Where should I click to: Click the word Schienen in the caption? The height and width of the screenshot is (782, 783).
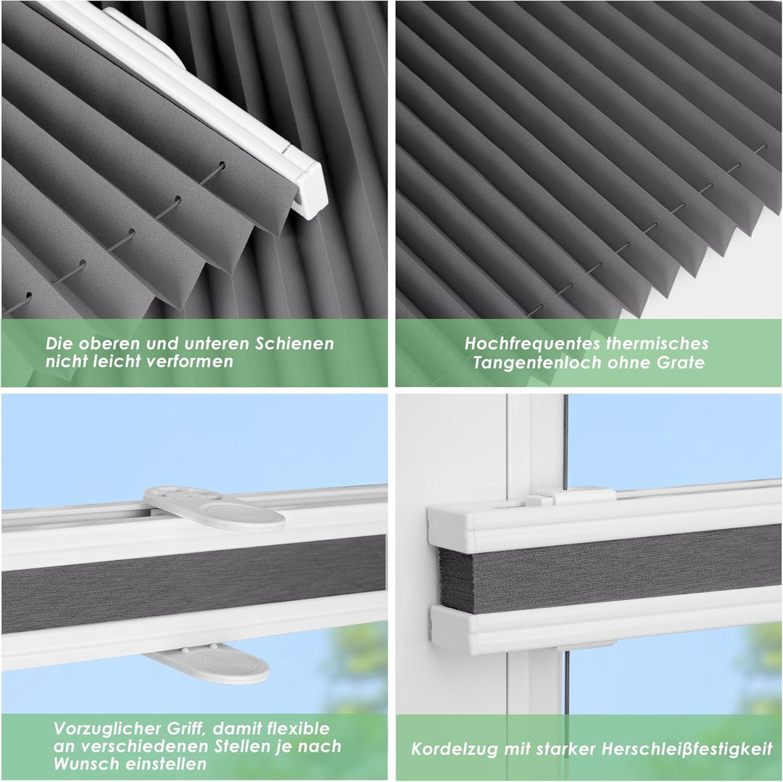294,344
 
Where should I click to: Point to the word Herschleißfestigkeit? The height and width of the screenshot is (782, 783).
687,749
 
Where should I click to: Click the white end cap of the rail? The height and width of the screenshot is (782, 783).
310,190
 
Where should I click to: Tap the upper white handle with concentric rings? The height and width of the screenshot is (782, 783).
215,508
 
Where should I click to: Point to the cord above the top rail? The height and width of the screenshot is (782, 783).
565,441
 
